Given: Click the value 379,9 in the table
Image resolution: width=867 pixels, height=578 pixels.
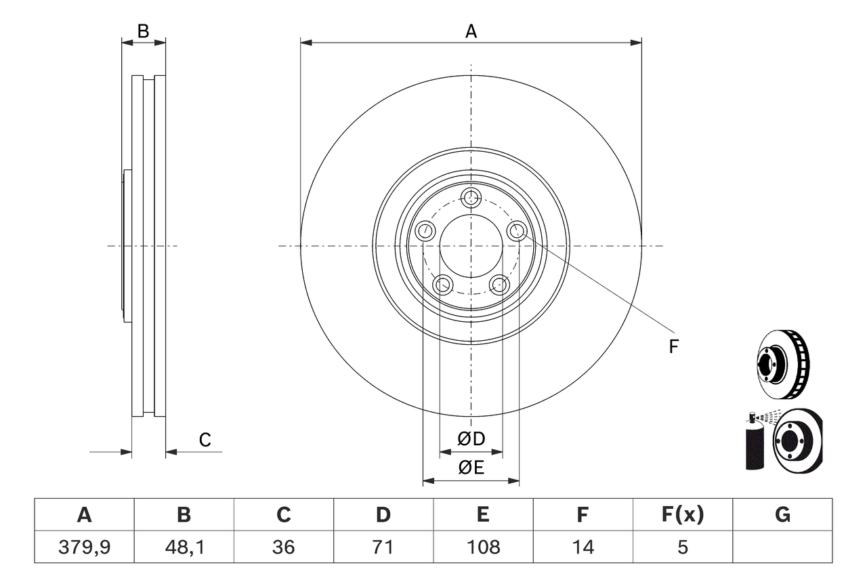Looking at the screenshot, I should (84, 547).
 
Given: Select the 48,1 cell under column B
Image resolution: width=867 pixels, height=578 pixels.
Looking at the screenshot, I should (184, 547).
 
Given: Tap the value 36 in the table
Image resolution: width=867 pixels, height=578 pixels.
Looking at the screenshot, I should (283, 547).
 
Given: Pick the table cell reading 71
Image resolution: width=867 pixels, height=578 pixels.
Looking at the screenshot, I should (383, 547).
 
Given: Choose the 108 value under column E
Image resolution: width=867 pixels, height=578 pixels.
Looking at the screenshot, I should (483, 547).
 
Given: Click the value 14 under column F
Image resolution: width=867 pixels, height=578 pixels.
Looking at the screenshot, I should (583, 547).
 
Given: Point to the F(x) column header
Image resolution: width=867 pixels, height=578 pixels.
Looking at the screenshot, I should (682, 515).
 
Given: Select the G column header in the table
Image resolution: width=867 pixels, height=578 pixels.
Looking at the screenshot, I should (782, 515).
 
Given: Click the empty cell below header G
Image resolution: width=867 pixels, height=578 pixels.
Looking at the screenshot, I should (782, 547).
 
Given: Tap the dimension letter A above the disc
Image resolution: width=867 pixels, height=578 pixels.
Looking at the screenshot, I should (471, 31).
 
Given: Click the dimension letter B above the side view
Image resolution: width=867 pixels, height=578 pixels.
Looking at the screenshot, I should (143, 31).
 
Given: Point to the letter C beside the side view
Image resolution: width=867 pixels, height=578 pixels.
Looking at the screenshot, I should (205, 440).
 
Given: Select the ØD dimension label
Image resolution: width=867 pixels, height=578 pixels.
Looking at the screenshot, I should (471, 439).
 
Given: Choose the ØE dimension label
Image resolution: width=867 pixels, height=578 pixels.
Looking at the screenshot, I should (471, 468).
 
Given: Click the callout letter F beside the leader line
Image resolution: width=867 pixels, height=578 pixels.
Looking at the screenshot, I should (673, 347).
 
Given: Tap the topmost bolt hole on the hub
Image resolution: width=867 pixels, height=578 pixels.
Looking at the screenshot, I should (471, 198).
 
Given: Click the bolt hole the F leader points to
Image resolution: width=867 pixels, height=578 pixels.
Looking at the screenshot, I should (517, 231).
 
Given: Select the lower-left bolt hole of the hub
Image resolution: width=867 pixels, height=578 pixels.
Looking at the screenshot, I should (443, 285).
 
